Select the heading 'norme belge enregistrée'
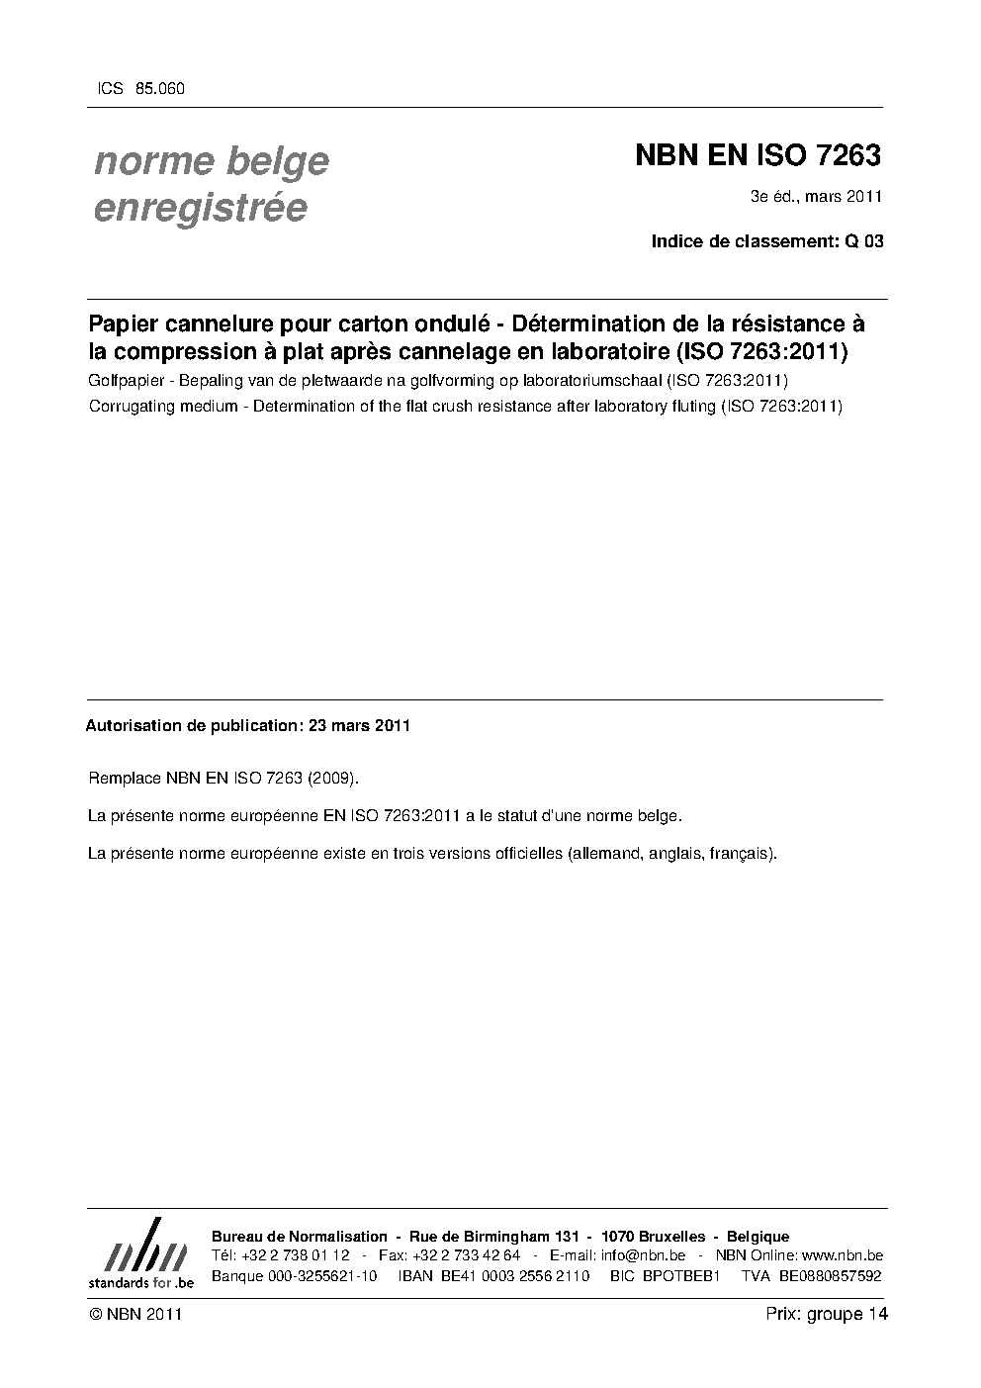211,184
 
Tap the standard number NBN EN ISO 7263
757,156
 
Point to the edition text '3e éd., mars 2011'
816,197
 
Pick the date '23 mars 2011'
359,725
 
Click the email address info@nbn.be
643,1255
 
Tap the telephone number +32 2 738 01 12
296,1255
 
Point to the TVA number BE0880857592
830,1276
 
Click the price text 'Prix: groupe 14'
826,1314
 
